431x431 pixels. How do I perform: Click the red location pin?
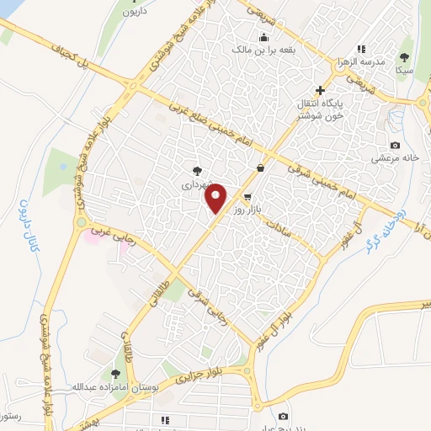(216, 198)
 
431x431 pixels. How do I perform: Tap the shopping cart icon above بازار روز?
(247, 195)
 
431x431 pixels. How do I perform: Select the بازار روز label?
(249, 207)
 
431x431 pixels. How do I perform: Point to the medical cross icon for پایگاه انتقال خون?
(319, 90)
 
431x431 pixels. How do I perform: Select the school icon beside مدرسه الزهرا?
(361, 49)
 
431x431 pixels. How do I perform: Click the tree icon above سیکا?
(405, 57)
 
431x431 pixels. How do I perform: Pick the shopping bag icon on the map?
(260, 168)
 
